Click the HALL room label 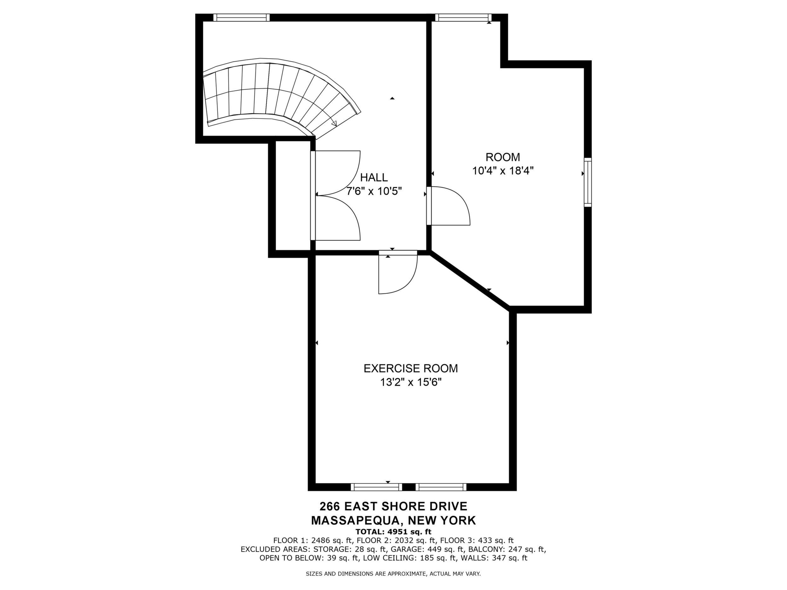click(374, 177)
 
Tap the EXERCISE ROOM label click(411, 368)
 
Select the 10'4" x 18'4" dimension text click(503, 171)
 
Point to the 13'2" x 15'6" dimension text click(411, 382)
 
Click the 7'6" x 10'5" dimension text click(374, 191)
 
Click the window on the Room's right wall click(588, 182)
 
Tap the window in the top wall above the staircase click(242, 17)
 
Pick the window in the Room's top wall click(463, 17)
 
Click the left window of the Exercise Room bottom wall click(376, 487)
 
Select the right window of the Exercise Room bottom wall click(441, 487)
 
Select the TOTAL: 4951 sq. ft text click(393, 532)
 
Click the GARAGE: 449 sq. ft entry click(429, 549)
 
